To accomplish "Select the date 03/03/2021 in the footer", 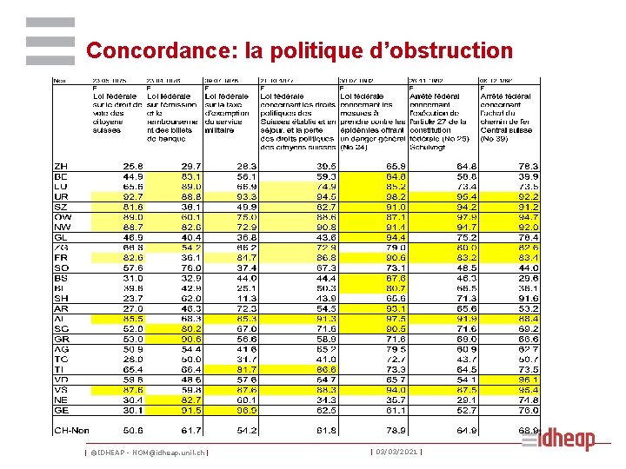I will [396, 451].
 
